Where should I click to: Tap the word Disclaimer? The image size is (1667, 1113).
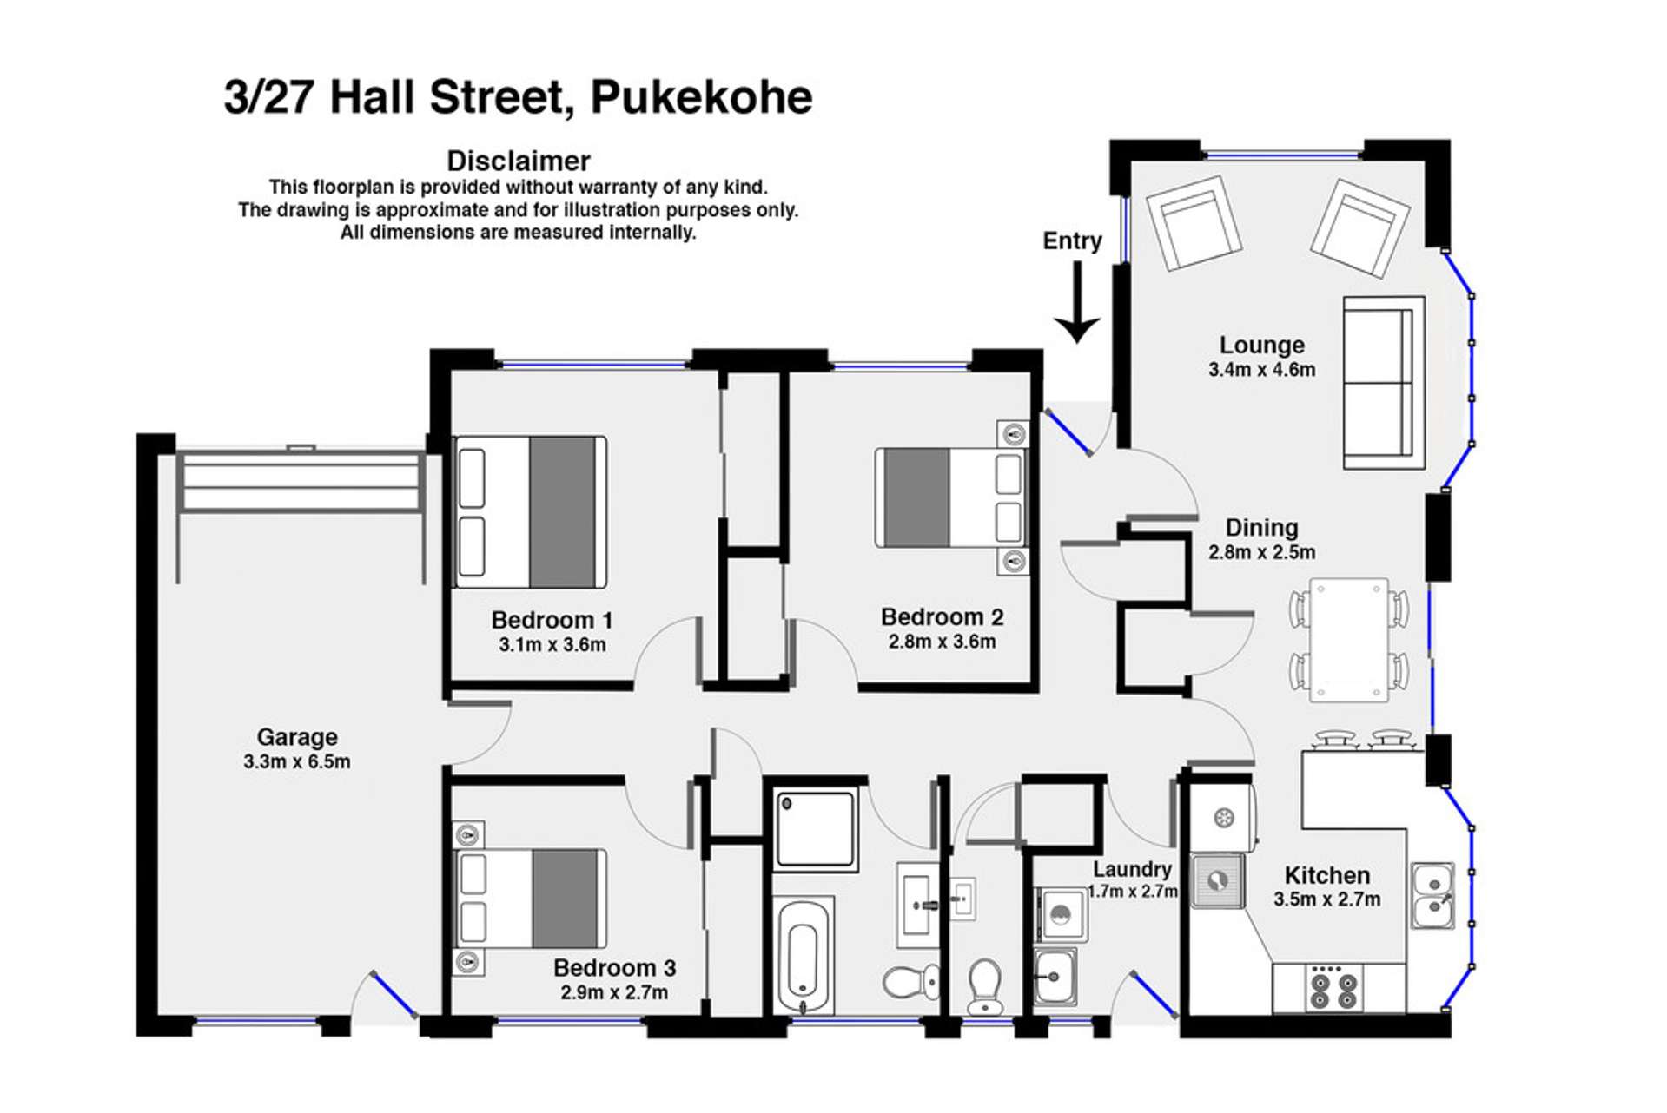click(x=518, y=161)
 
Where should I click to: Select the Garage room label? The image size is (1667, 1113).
click(x=297, y=737)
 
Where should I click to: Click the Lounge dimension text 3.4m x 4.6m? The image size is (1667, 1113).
click(x=1261, y=370)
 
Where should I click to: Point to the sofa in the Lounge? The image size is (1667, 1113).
click(x=1383, y=382)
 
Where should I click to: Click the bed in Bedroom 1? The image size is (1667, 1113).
click(x=530, y=512)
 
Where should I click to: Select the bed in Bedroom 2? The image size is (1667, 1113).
click(x=951, y=497)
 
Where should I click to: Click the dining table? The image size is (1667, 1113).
click(x=1349, y=639)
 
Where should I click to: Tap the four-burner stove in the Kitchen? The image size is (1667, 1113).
click(x=1333, y=989)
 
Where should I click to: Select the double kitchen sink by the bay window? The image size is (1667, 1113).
click(x=1432, y=896)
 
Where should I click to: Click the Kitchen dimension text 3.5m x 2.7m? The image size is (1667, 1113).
click(x=1326, y=899)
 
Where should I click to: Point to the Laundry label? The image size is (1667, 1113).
click(x=1132, y=869)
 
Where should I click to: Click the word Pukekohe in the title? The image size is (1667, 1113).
click(x=701, y=96)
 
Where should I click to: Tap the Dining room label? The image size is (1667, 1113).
click(x=1261, y=528)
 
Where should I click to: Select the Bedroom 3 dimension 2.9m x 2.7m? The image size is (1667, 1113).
click(x=614, y=992)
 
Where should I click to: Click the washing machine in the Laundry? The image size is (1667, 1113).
click(x=1062, y=914)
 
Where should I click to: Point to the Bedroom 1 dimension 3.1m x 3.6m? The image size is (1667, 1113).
click(x=552, y=645)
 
